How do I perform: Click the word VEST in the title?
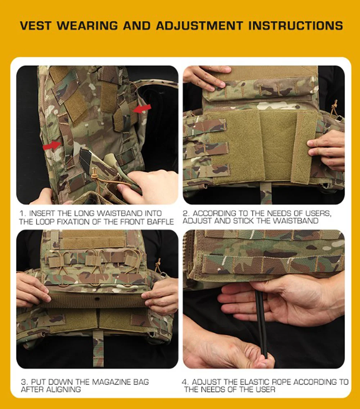point(36,26)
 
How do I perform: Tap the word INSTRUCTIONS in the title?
point(296,26)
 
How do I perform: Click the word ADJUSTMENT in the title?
point(200,26)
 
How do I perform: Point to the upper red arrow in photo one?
point(142,109)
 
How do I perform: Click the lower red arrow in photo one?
point(52,145)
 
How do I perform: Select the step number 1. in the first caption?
point(23,213)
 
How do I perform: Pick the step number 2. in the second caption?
point(186,213)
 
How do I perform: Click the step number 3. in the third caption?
point(24,382)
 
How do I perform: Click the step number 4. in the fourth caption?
point(185,382)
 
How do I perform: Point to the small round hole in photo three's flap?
point(97,298)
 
